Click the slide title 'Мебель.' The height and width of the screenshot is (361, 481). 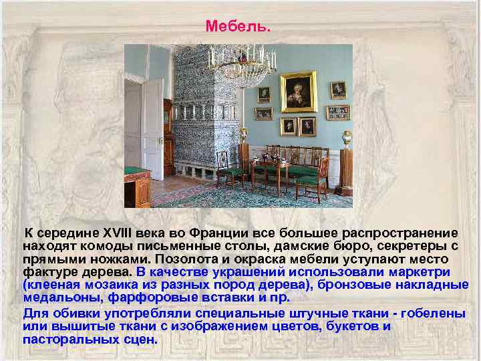click(238, 27)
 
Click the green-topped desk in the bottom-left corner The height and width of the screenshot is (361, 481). click(137, 186)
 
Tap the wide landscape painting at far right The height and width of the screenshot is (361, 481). click(337, 112)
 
